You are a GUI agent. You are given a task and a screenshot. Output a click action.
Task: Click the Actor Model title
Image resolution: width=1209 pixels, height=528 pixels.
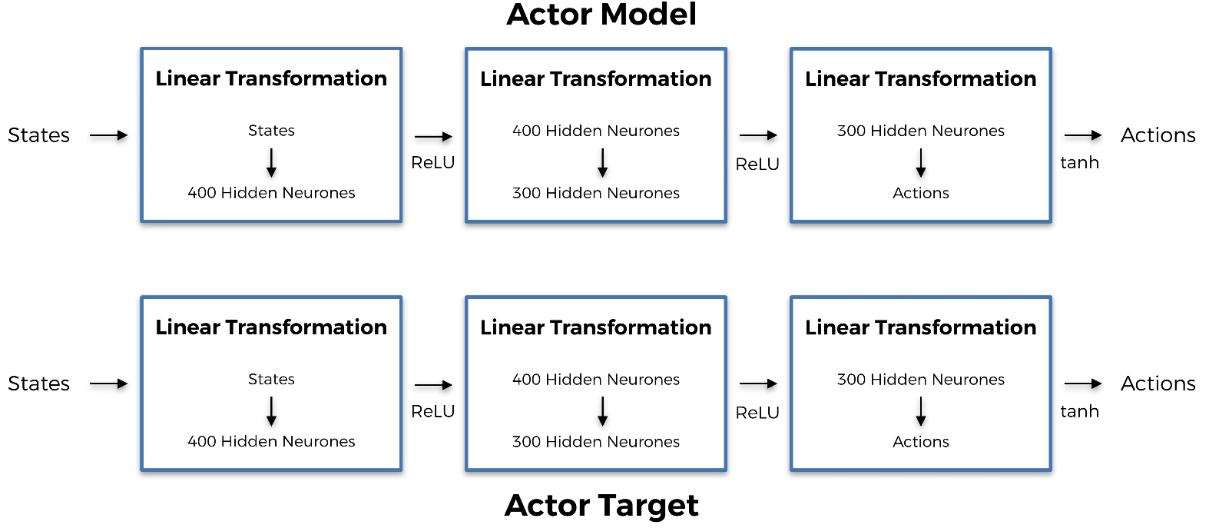[601, 14]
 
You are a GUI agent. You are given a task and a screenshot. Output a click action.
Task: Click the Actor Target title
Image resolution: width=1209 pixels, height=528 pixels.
[601, 506]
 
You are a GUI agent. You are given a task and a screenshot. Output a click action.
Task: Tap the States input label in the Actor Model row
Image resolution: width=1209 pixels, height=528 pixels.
[39, 135]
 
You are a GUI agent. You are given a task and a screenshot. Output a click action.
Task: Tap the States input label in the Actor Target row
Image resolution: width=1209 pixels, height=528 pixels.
[39, 384]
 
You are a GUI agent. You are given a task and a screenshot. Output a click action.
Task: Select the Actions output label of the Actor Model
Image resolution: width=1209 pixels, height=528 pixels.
[1158, 135]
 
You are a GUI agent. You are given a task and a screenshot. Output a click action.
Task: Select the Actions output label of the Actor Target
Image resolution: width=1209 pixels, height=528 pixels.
[1158, 384]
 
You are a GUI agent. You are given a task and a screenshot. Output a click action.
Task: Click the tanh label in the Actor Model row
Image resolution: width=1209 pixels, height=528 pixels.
[1079, 162]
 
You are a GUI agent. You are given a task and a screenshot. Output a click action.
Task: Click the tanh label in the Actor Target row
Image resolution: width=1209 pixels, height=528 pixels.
[1079, 411]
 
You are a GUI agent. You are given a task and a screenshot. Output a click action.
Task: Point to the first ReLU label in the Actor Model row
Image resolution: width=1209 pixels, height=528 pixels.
[433, 162]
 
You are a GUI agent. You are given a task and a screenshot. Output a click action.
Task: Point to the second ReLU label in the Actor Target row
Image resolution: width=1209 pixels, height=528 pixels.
[757, 413]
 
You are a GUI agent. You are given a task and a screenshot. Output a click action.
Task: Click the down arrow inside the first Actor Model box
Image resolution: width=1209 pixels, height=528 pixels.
[271, 163]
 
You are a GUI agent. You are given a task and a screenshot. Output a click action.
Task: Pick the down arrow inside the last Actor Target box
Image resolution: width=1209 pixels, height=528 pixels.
[921, 411]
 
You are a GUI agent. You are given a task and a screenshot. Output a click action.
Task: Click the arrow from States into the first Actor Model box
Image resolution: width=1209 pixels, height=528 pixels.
[108, 135]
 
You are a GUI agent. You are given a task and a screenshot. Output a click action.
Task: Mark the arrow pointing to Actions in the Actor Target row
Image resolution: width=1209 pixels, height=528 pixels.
[1083, 384]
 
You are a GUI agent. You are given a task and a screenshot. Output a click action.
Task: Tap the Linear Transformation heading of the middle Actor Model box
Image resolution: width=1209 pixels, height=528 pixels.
[596, 79]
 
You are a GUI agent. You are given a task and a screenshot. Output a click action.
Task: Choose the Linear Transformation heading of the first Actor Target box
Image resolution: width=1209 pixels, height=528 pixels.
[271, 327]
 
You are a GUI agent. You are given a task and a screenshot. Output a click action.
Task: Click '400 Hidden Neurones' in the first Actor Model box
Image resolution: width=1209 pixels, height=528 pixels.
[271, 193]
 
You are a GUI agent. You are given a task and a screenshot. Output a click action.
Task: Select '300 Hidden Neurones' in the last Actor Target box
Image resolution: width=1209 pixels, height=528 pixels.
[921, 380]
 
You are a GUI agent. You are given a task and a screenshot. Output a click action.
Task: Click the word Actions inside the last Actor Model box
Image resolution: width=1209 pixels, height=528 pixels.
[921, 193]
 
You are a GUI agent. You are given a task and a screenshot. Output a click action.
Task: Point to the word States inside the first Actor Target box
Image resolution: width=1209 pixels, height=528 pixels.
[271, 379]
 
